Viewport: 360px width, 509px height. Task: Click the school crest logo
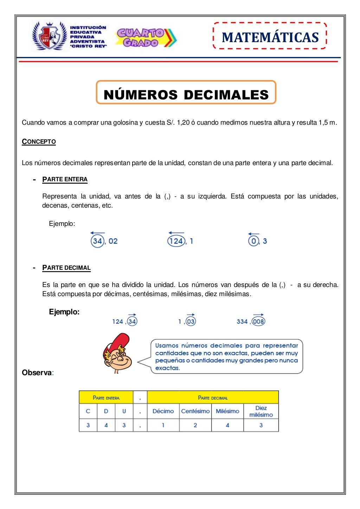(x=50, y=36)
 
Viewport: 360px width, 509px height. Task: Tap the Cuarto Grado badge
(x=145, y=38)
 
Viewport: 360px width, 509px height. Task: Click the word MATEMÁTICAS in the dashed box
(x=270, y=37)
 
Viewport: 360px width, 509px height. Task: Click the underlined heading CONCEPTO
(x=39, y=142)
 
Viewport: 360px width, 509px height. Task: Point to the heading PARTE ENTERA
(x=65, y=179)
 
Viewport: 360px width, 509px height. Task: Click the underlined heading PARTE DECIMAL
(x=66, y=268)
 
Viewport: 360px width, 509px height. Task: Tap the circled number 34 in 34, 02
(x=97, y=241)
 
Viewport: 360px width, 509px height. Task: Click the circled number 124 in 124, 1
(x=176, y=241)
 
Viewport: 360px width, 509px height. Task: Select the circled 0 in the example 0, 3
(x=253, y=241)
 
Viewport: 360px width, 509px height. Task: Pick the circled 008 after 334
(x=258, y=321)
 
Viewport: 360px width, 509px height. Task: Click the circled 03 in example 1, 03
(x=191, y=321)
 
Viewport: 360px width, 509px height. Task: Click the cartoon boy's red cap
(x=119, y=342)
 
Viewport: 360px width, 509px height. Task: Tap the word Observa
(x=37, y=373)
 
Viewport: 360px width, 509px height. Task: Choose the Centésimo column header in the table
(x=195, y=411)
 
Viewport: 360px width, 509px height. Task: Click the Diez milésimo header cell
(x=261, y=411)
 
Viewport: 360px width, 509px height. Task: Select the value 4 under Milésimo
(x=227, y=425)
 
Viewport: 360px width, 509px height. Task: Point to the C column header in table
(x=88, y=411)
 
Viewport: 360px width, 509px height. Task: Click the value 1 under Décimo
(x=163, y=425)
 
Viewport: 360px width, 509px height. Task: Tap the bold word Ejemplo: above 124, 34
(x=64, y=312)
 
